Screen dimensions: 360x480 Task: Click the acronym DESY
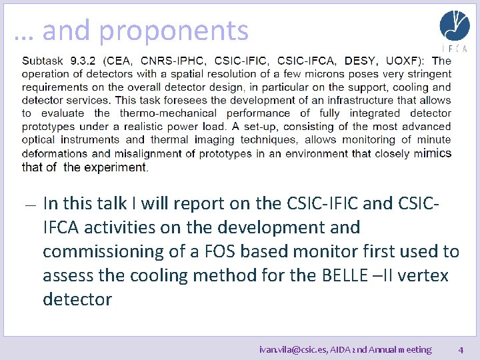[x=360, y=61]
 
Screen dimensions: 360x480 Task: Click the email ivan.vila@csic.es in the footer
[x=294, y=349]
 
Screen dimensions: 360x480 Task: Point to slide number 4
[x=461, y=349]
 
